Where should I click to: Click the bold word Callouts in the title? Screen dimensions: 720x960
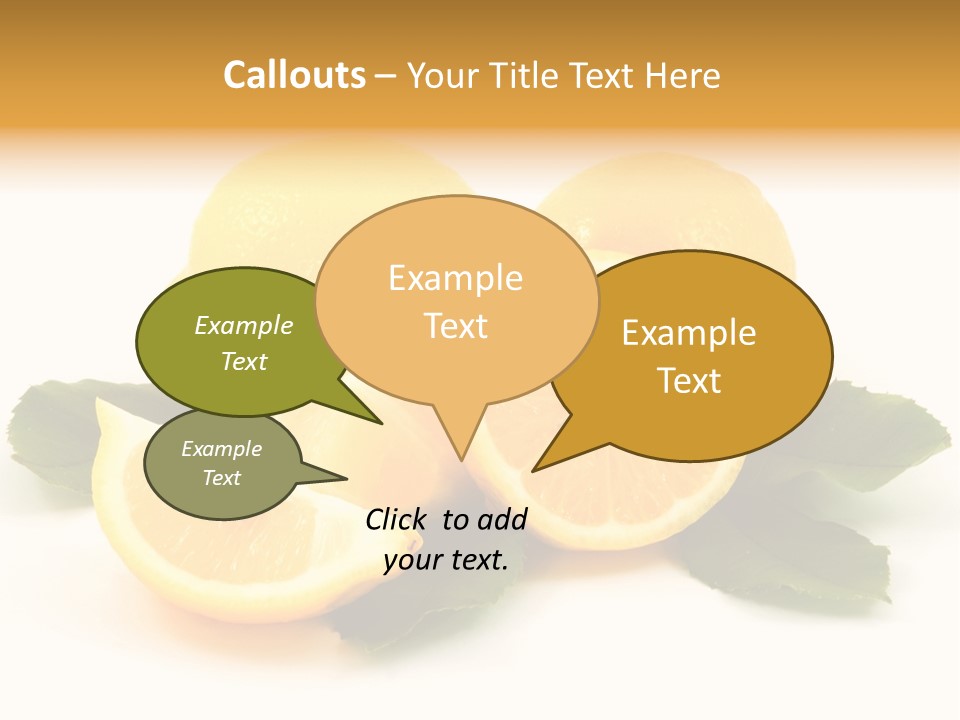(x=294, y=75)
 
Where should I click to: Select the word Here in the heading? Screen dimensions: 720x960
(x=683, y=75)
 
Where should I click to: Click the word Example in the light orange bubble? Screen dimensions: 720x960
(x=455, y=278)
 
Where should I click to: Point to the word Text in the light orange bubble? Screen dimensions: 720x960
(x=455, y=326)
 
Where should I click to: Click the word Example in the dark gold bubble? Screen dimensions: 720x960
(x=689, y=333)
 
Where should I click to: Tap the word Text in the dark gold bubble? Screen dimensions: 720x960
(x=689, y=381)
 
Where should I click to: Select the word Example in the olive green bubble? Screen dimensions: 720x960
(x=244, y=325)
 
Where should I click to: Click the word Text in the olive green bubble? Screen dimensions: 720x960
(x=244, y=361)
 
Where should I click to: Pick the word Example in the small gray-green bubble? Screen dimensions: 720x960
(x=222, y=449)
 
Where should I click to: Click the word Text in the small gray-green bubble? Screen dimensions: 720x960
(x=222, y=478)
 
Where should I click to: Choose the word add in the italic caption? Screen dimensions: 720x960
(x=502, y=519)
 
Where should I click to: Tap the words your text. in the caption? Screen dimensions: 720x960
(x=446, y=560)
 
